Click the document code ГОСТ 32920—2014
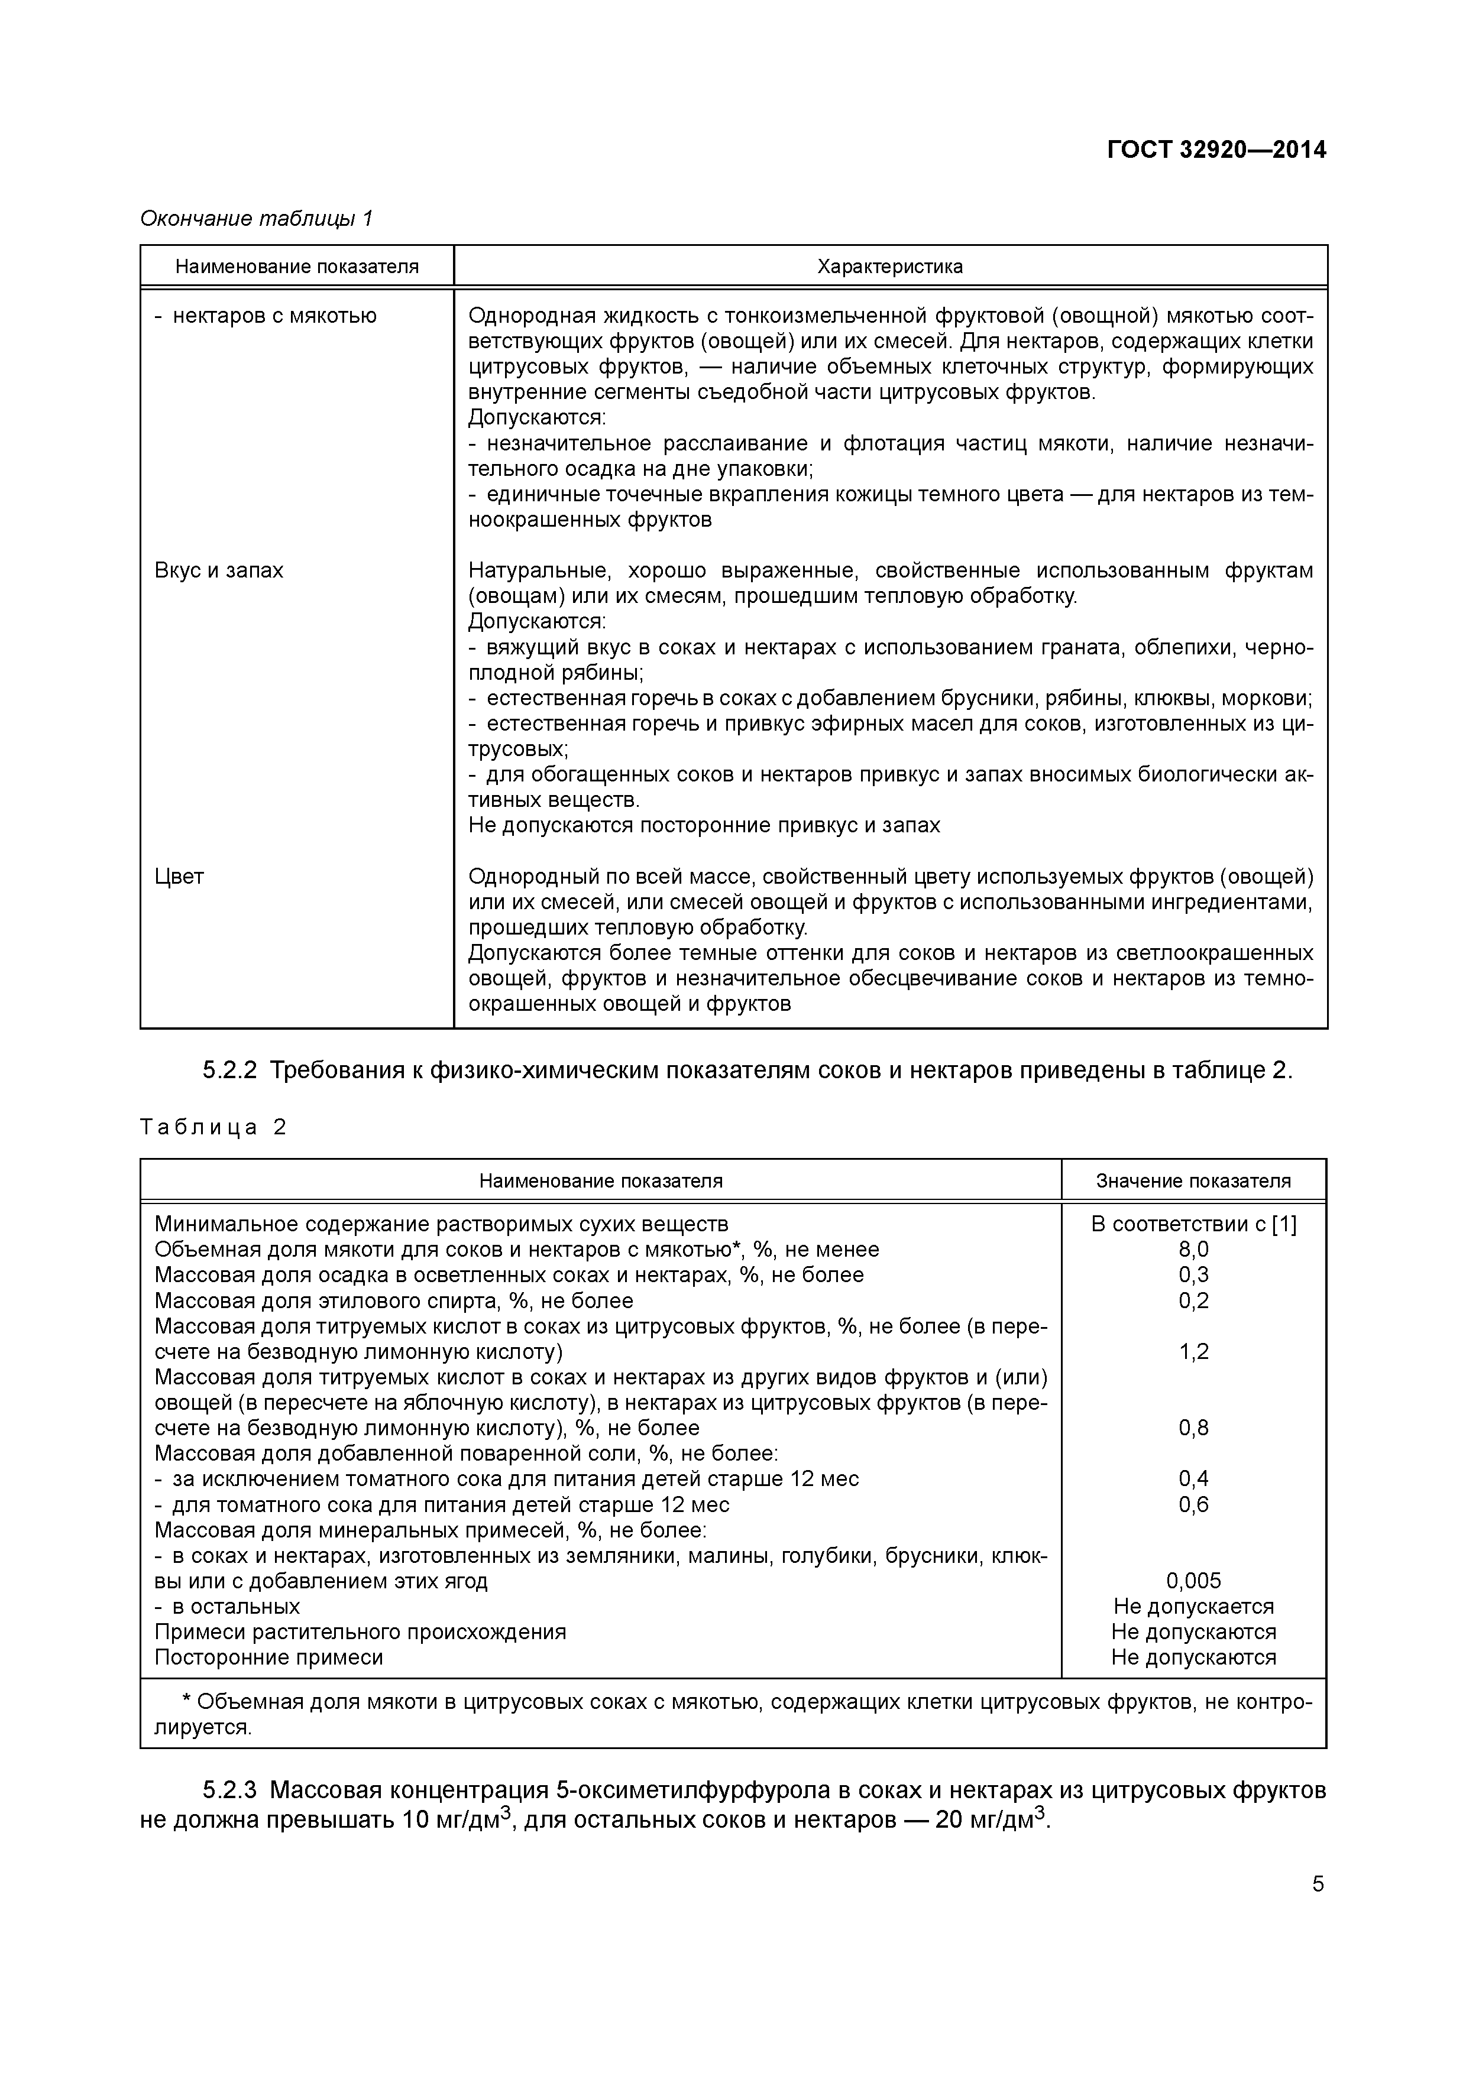coord(1216,150)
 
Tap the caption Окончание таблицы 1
coord(255,219)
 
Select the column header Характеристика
coord(890,267)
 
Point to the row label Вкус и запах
coord(219,570)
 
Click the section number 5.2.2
coord(229,1071)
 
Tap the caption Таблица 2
coord(212,1128)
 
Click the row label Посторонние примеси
coord(268,1657)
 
